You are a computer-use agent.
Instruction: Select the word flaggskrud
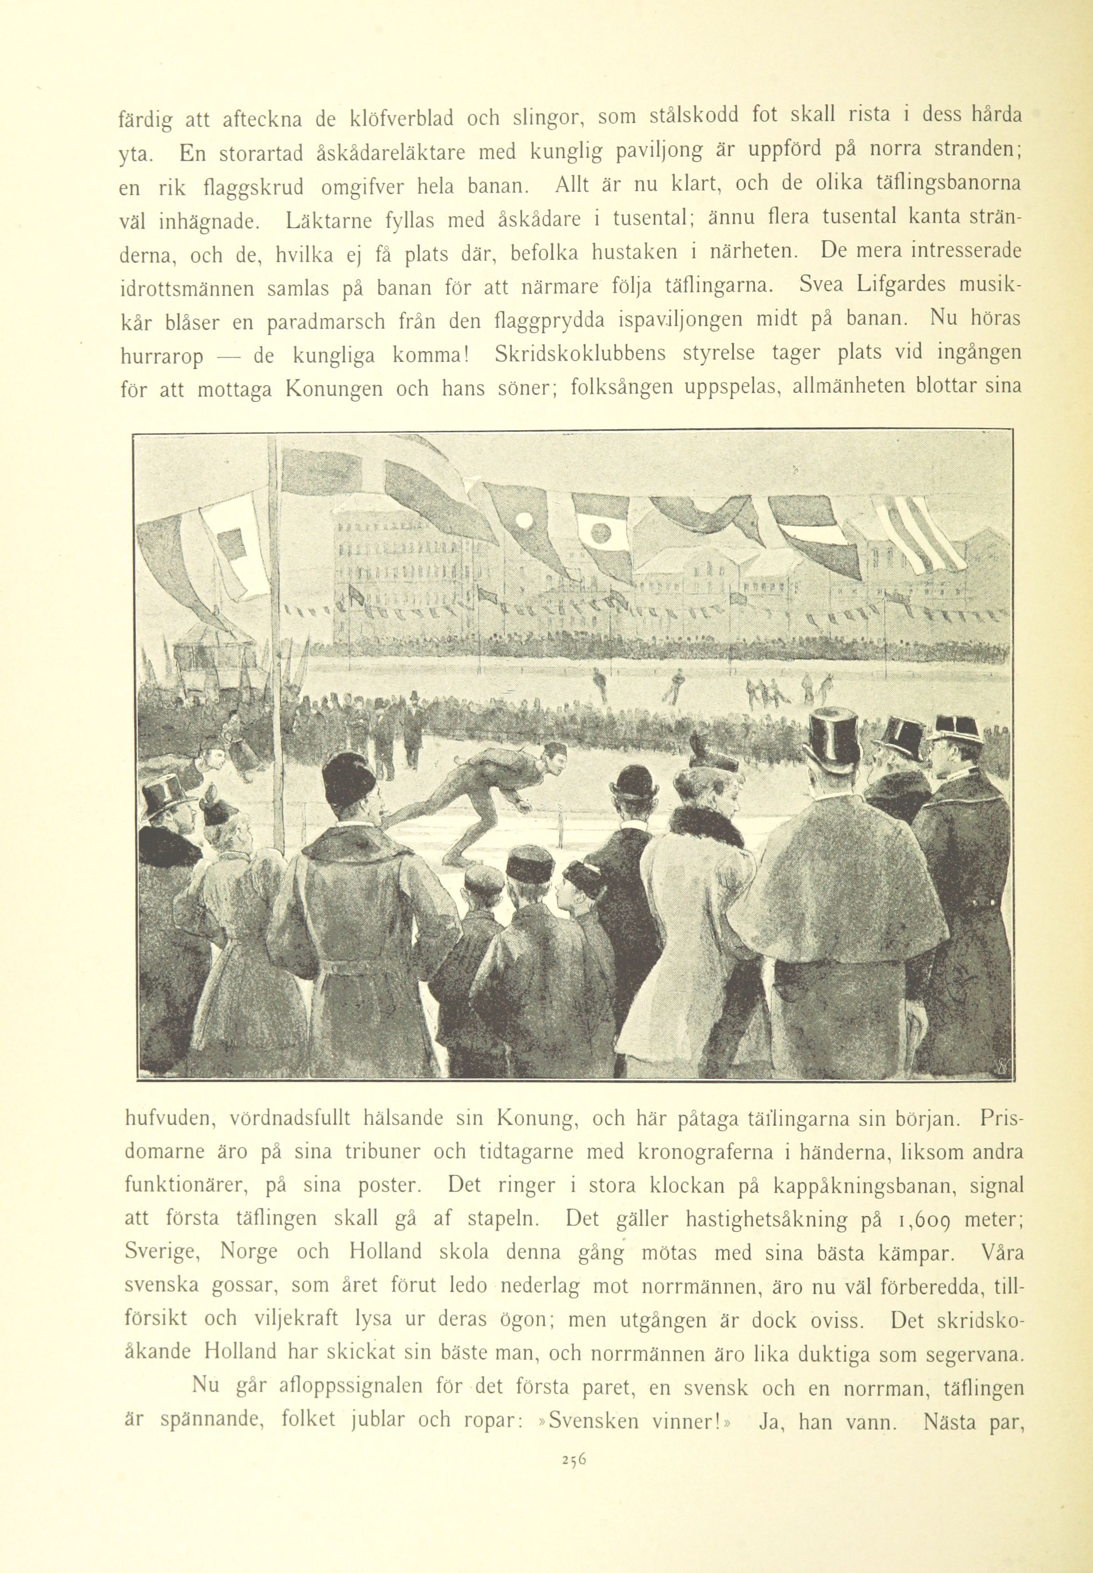click(x=248, y=188)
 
